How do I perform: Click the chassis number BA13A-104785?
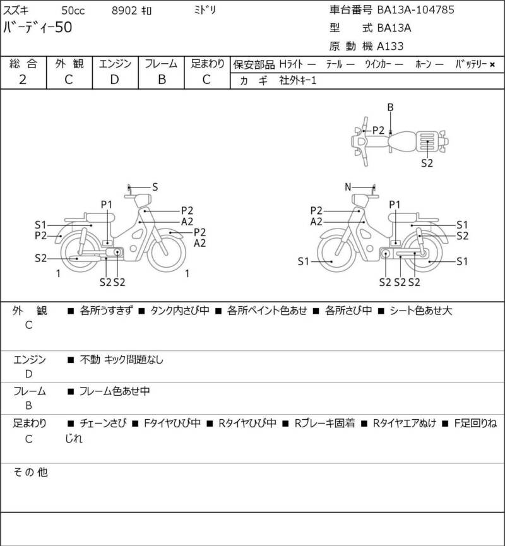(x=415, y=9)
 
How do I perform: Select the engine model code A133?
(x=390, y=46)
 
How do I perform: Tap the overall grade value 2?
(x=23, y=80)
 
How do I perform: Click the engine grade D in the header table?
(x=115, y=80)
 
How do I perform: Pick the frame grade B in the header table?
(x=162, y=80)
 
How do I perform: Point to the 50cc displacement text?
(x=73, y=11)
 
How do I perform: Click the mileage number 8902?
(x=124, y=11)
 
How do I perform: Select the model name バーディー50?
(x=37, y=27)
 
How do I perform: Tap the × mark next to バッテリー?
(x=492, y=64)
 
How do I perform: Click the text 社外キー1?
(x=298, y=80)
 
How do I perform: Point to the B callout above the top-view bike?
(x=390, y=107)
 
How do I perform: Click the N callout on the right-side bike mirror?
(x=348, y=187)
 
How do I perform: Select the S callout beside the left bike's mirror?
(x=155, y=187)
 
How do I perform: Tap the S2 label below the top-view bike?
(x=427, y=163)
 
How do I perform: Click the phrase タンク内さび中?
(x=180, y=311)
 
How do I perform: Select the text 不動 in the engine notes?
(x=90, y=359)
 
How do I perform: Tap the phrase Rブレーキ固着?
(x=324, y=423)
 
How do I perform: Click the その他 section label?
(x=30, y=472)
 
